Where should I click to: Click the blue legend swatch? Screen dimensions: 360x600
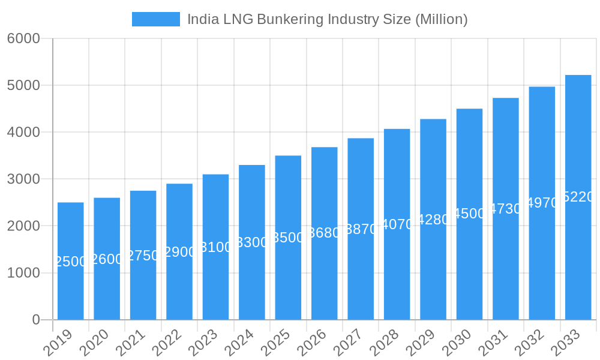point(155,19)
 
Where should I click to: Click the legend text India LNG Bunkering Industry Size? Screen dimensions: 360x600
point(327,19)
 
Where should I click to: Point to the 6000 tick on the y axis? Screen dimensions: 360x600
point(23,38)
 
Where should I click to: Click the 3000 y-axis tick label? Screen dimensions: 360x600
point(23,179)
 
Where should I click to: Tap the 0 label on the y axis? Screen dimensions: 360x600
point(36,320)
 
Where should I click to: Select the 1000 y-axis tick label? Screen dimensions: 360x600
point(23,273)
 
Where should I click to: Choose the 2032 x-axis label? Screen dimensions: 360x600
point(531,343)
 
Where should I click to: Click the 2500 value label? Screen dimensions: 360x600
point(71,262)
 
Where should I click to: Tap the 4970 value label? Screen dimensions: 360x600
point(542,203)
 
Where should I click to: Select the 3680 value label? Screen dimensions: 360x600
point(324,233)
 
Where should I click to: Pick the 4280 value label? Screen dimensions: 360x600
point(433,219)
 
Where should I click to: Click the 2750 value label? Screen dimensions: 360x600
point(143,256)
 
